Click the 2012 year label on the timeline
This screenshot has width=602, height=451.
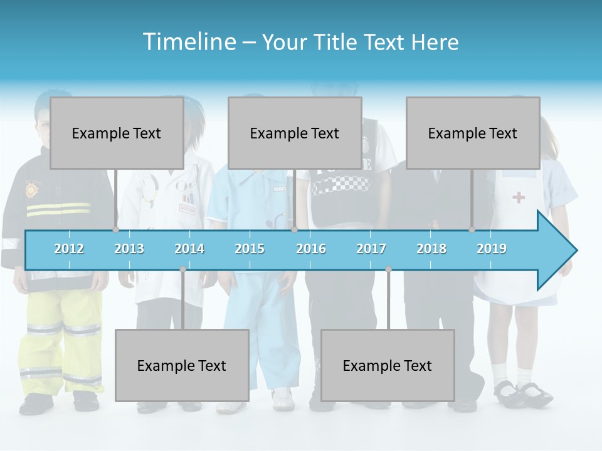[69, 249]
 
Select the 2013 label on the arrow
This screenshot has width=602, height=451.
[129, 249]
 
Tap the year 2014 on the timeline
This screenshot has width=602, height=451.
[189, 249]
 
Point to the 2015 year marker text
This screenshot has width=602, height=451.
[250, 249]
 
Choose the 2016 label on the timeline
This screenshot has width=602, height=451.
[311, 249]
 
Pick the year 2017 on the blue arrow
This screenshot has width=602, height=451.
[371, 249]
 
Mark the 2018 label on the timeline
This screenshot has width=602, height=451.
[431, 249]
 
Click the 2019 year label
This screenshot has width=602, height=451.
[492, 249]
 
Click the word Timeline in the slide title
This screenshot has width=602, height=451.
[189, 42]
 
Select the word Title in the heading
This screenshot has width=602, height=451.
[336, 42]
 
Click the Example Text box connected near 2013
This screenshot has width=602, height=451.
[117, 133]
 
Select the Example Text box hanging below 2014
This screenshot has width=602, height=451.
[182, 365]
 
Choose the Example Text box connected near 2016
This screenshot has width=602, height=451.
[295, 133]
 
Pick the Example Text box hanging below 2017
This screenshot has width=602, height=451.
[388, 365]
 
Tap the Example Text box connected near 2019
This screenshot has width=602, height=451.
[473, 133]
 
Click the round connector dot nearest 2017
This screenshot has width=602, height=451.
[388, 269]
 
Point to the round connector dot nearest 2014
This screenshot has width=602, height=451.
[182, 269]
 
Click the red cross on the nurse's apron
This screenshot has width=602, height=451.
[519, 198]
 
